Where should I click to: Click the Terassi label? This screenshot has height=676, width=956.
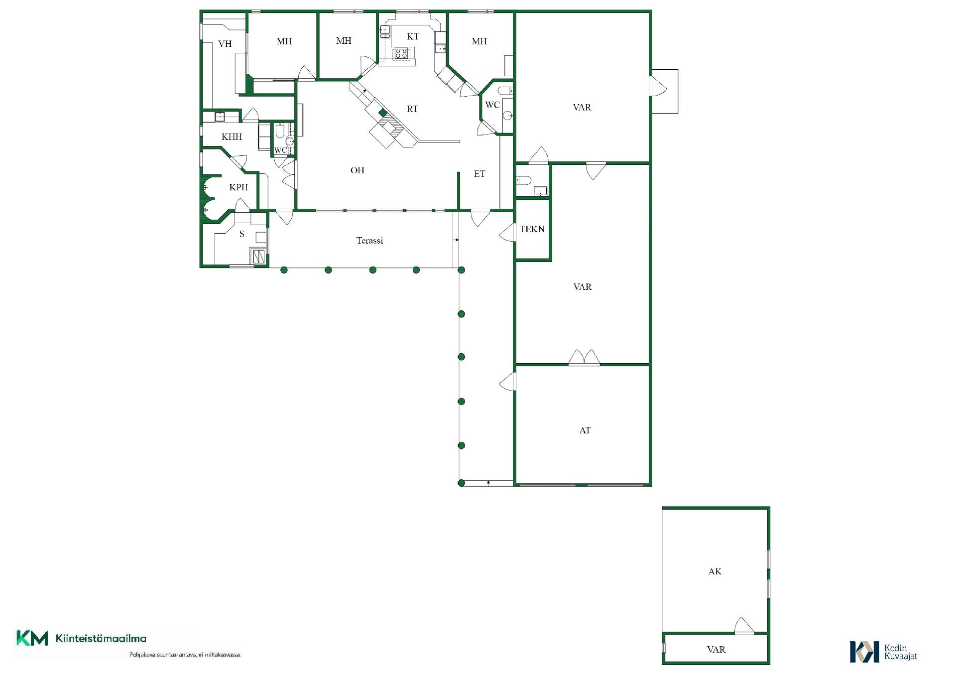click(x=369, y=241)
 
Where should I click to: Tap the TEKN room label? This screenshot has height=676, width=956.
click(x=532, y=229)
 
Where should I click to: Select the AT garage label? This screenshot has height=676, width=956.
click(x=585, y=430)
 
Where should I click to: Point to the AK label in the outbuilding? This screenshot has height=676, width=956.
click(x=715, y=571)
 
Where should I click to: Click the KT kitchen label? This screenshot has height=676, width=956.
click(x=413, y=36)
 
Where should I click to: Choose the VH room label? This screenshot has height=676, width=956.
click(x=225, y=44)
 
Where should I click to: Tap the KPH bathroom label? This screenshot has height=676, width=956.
click(x=239, y=187)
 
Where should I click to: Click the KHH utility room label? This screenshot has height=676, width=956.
click(x=232, y=136)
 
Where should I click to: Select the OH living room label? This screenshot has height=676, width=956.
click(x=357, y=170)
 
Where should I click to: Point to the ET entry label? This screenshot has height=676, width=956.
click(x=479, y=174)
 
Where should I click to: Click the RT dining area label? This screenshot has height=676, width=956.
click(x=412, y=109)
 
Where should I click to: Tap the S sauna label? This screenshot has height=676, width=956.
click(x=242, y=234)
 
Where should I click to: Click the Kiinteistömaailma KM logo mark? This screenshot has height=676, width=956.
click(x=32, y=638)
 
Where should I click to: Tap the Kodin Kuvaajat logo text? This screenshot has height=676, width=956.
click(x=900, y=652)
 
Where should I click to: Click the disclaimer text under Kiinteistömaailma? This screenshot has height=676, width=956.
click(x=185, y=655)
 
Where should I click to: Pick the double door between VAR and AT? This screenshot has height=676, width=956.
click(x=584, y=357)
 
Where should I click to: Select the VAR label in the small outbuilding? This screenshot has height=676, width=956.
click(x=716, y=650)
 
